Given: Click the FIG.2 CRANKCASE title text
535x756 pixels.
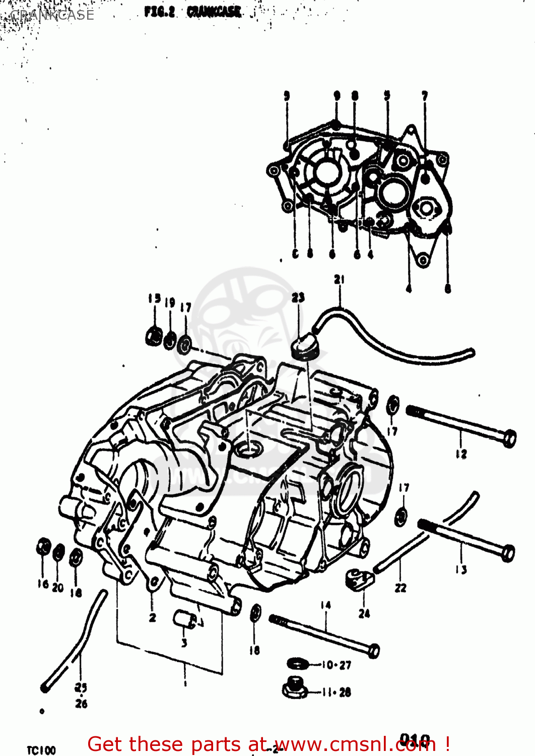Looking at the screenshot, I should pos(192,12).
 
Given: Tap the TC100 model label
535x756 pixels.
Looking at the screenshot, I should pos(41,750).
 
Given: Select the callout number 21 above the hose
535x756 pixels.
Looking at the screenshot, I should pos(339,280).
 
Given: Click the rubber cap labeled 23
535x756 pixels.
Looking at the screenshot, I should pos(304,347).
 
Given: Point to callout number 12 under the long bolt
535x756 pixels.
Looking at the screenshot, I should pos(461,454).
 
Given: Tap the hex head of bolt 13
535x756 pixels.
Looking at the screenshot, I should pos(508,553).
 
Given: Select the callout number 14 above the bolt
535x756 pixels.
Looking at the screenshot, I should pos(325,605).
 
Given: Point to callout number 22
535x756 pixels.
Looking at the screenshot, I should pos(400,588).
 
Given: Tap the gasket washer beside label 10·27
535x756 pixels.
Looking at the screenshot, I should pos(297,664).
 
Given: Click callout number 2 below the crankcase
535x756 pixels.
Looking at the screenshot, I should pos(152,617).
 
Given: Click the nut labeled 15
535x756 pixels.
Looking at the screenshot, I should pos(154,336).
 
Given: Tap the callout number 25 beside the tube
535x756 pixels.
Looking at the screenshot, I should pos(81,687).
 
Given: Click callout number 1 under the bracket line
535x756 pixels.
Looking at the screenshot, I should pos(185,683).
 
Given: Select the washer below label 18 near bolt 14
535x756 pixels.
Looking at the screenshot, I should pos(255,612).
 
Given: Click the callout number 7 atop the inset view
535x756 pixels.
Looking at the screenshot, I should pos(425,95).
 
